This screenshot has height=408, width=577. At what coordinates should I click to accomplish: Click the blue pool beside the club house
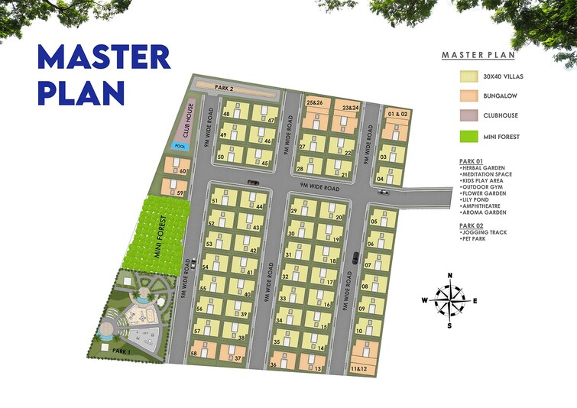tap(180, 145)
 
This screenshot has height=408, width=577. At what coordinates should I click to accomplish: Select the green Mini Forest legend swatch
tap(468, 137)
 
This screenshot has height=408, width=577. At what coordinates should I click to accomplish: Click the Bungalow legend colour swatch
tap(468, 96)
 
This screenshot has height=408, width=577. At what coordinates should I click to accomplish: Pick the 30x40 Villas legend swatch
tap(468, 76)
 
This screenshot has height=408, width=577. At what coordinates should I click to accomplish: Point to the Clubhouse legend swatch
tap(468, 116)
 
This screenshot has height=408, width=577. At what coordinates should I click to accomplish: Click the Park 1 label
tap(122, 349)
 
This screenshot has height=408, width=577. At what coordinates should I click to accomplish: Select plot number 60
tap(181, 171)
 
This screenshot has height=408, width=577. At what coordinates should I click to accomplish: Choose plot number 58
tap(194, 354)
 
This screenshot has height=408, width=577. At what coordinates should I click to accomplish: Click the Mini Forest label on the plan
tap(162, 237)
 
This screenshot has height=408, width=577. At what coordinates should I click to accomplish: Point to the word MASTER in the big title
tap(103, 57)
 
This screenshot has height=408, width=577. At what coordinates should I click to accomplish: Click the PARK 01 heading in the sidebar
tap(472, 162)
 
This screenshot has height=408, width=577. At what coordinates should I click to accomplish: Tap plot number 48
tap(226, 115)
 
